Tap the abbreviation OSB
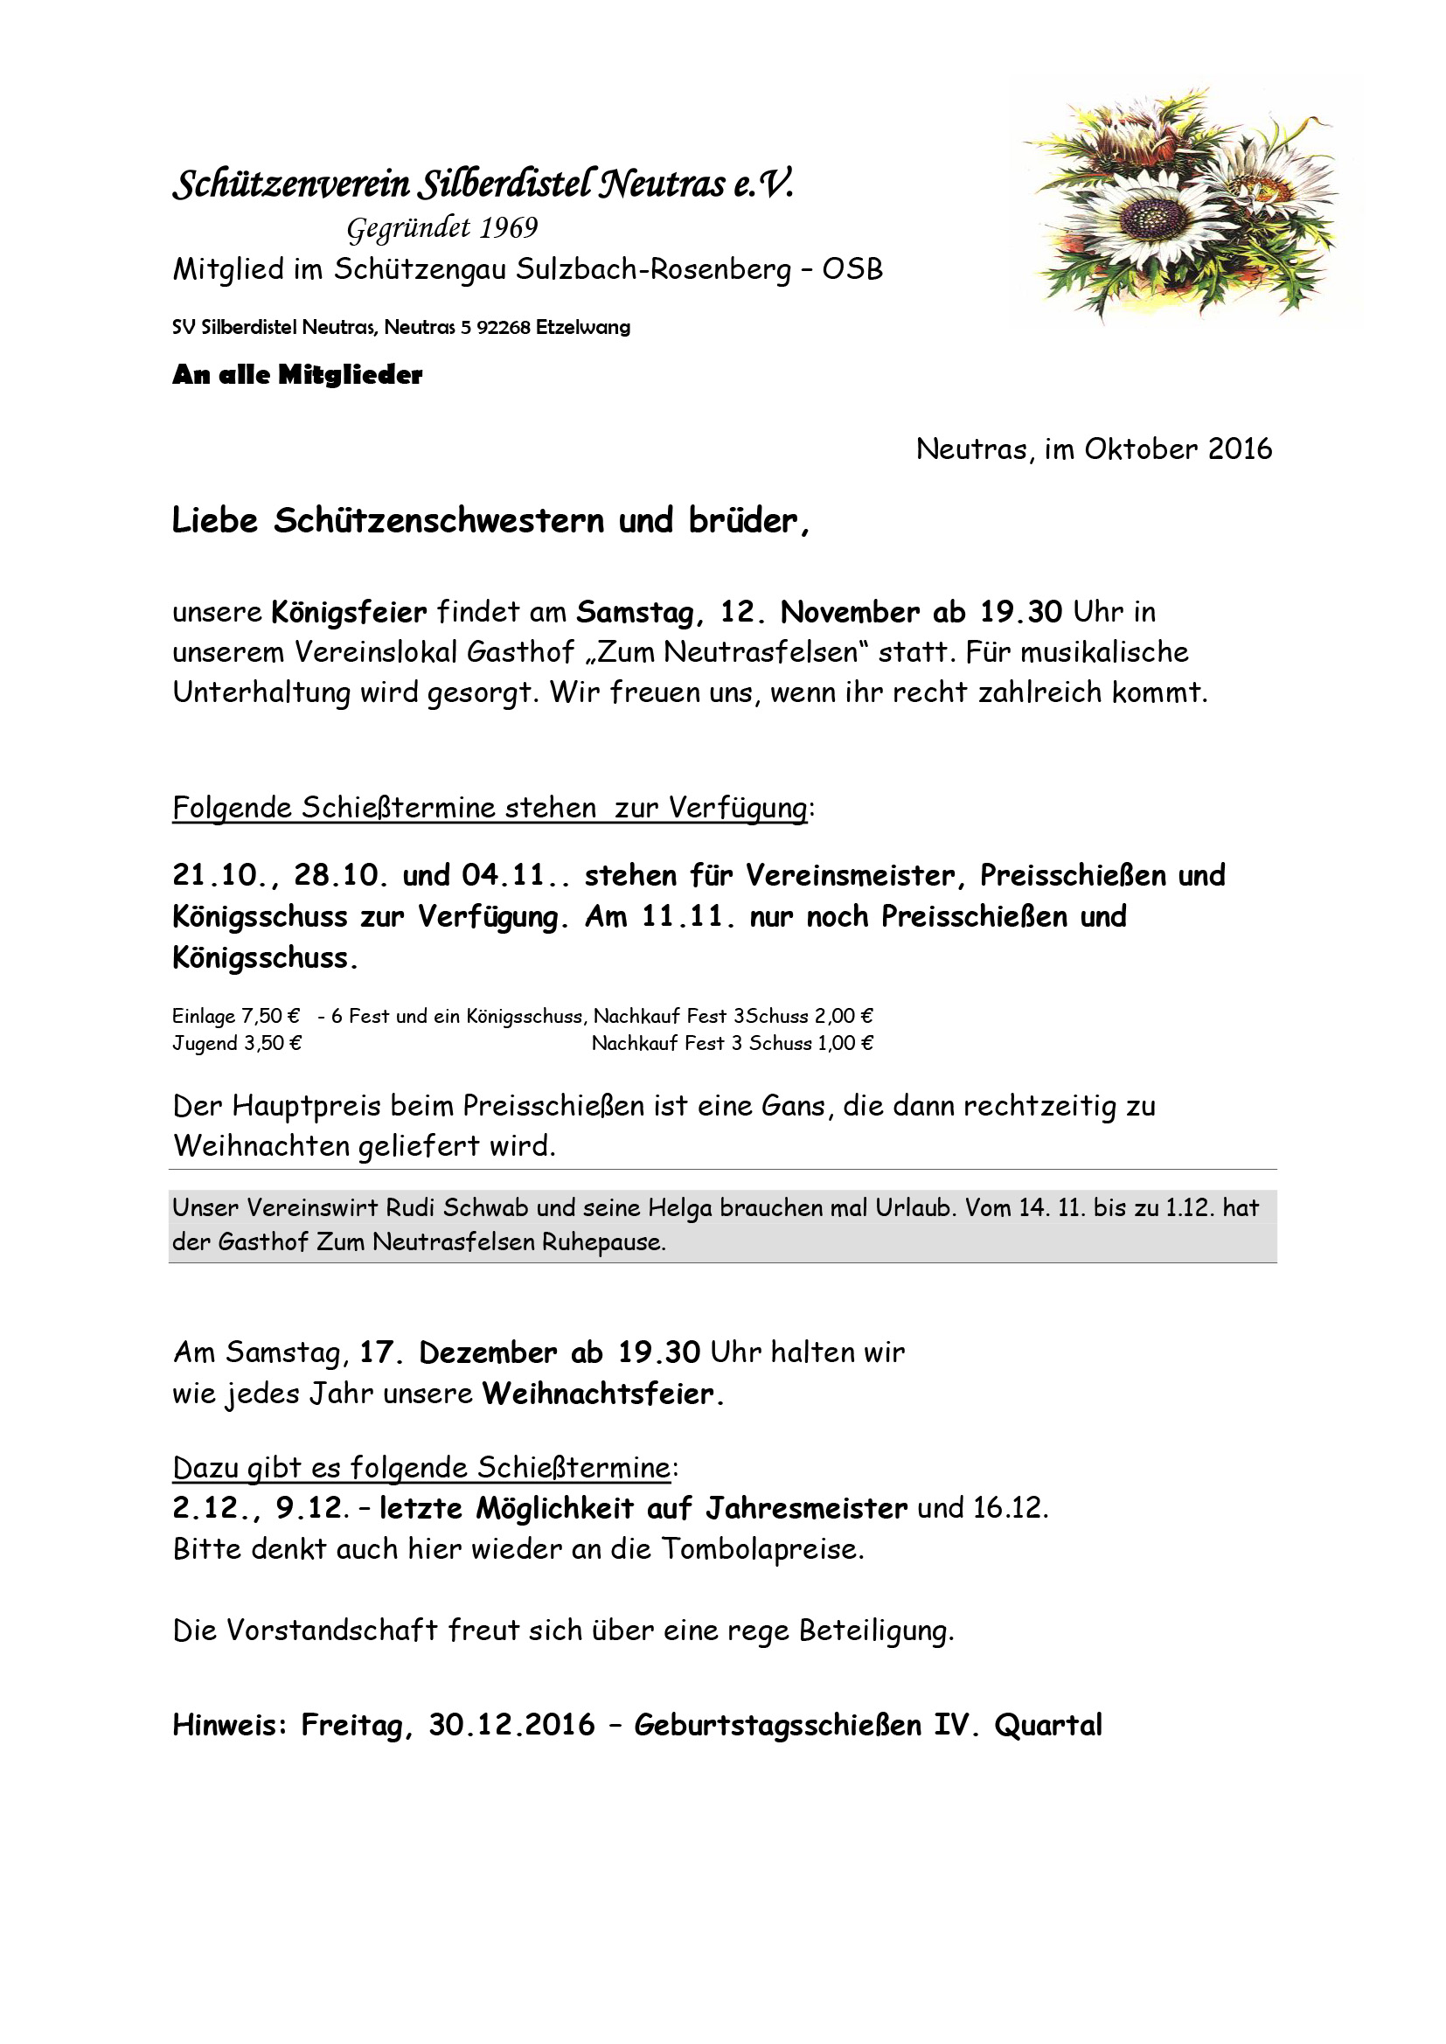point(852,269)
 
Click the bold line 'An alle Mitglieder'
point(297,375)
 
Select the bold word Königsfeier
point(349,613)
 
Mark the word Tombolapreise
point(761,1550)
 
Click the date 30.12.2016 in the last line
point(511,1725)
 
